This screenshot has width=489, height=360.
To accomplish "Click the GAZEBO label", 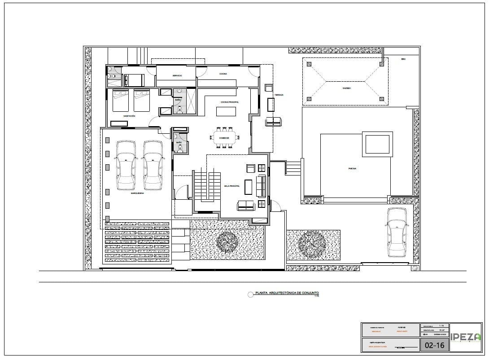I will (346, 88).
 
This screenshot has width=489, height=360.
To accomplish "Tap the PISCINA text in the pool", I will (352, 168).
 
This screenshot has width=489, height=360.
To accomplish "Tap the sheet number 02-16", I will (434, 345).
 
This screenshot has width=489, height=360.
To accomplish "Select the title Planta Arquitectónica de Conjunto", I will (287, 293).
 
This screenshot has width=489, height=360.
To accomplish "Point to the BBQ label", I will (403, 59).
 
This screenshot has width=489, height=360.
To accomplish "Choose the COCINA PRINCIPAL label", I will (229, 102).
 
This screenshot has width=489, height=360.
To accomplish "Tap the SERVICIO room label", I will (175, 75).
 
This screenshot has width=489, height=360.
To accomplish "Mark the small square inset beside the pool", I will (377, 144).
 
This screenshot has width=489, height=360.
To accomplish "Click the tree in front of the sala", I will (227, 241).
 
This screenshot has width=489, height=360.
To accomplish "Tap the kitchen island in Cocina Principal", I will (226, 111).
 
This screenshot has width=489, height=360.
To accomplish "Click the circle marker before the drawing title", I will (250, 294).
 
